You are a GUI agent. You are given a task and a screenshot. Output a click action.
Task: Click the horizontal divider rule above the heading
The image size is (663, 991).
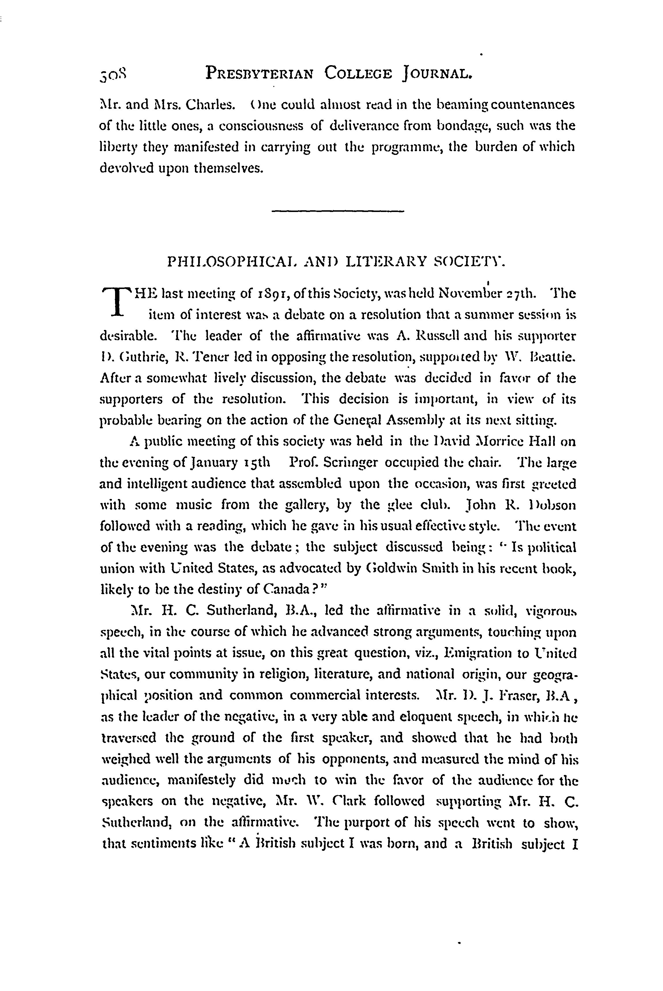[x=338, y=211]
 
